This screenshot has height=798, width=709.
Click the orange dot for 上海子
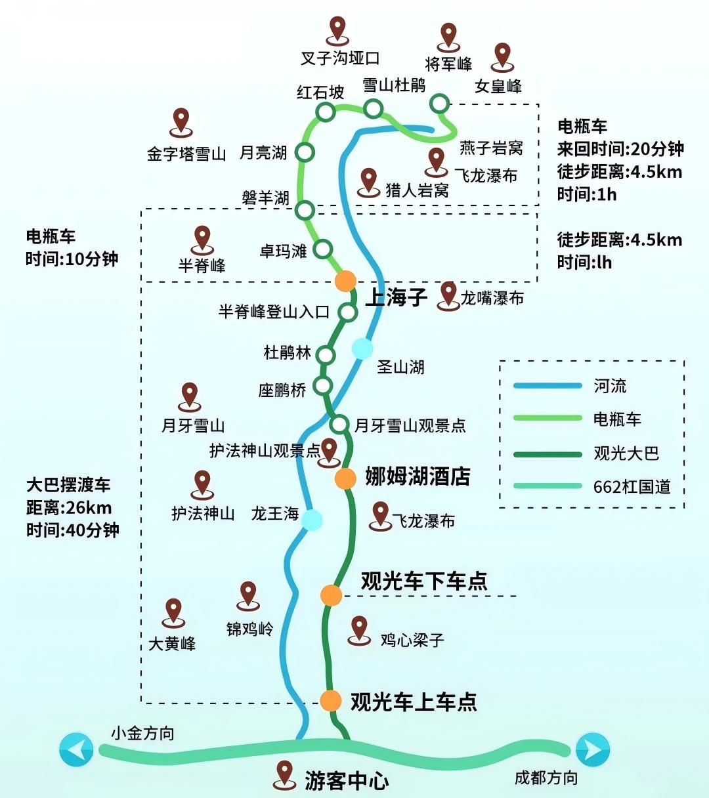[345, 281]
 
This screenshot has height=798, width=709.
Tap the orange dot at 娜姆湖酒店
[345, 478]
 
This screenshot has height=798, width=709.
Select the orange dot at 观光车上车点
[332, 700]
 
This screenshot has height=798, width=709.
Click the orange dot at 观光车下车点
[332, 595]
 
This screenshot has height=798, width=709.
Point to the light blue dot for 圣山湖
[362, 348]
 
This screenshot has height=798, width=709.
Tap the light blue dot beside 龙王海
[312, 520]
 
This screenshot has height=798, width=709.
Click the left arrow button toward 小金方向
[76, 749]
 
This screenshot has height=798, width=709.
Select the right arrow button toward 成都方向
[592, 749]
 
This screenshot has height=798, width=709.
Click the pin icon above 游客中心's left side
[285, 773]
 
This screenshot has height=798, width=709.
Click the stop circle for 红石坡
[326, 112]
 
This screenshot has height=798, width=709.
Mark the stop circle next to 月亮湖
[305, 153]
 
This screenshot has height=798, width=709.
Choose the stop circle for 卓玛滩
[323, 249]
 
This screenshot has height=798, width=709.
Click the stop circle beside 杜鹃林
[326, 355]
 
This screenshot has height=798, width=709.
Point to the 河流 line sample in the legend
[548, 386]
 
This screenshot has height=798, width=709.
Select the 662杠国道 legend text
[632, 486]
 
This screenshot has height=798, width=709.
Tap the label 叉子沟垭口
[340, 58]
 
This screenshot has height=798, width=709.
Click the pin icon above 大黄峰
[174, 611]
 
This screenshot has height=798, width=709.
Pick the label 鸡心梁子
[412, 639]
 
